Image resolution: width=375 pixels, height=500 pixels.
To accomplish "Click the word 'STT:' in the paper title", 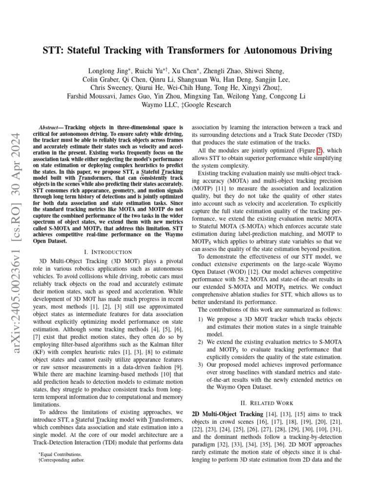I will click(54, 50).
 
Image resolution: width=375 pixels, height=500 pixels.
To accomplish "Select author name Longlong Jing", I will click(109, 71).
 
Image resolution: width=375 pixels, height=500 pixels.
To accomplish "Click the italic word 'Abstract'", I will click(49, 126).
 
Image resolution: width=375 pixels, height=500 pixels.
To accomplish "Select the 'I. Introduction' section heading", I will click(108, 252).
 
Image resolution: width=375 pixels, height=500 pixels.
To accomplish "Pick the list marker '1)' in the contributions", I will click(201, 319).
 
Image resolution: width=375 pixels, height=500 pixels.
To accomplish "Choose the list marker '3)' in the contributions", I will click(201, 365).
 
